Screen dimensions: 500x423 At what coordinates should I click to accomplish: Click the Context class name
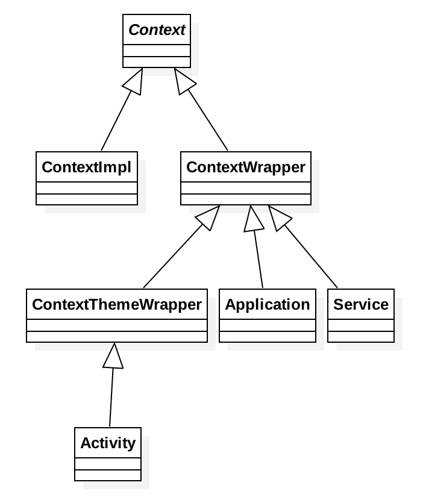157,30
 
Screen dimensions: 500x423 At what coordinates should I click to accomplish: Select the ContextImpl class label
86,167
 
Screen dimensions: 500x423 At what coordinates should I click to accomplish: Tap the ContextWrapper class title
246,167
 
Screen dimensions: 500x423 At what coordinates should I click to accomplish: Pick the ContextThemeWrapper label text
117,305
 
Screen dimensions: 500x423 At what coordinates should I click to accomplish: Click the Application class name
268,305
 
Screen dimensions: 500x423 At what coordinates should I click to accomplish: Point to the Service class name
361,305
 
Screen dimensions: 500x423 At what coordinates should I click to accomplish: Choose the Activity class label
108,443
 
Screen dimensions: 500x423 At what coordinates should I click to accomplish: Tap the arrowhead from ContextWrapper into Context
183,81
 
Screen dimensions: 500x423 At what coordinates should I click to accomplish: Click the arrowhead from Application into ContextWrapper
253,219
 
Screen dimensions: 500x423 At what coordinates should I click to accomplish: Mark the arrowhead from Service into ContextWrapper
278,217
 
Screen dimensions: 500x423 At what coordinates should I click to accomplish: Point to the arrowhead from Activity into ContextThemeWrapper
113,356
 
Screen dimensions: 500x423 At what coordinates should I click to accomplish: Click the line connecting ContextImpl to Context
115,123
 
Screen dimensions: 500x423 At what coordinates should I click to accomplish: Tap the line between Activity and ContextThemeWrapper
111,398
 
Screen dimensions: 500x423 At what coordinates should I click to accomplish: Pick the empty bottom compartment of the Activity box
108,475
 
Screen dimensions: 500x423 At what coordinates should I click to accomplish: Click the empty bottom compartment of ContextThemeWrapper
117,337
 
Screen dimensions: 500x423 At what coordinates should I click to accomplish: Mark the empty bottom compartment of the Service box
361,337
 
